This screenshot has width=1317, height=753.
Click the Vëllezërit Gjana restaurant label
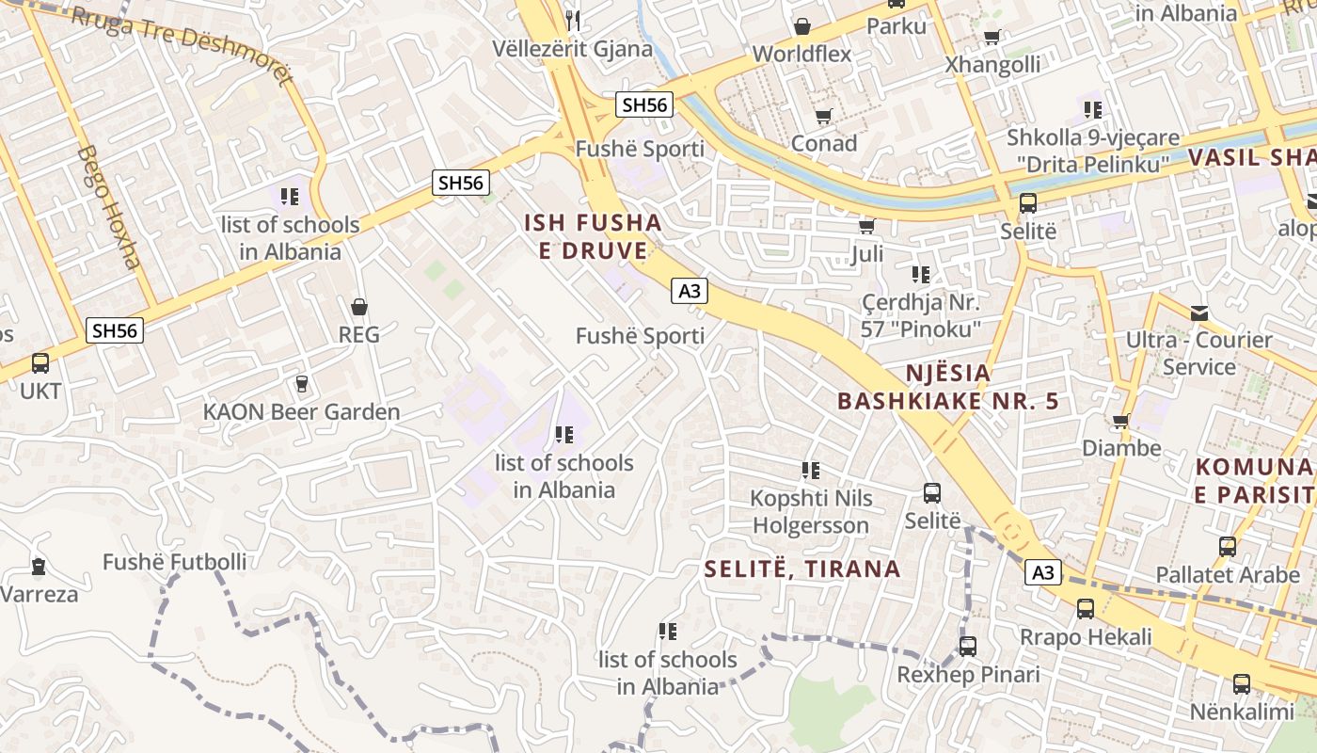pos(572,49)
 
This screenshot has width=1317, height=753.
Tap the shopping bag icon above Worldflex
pos(802,26)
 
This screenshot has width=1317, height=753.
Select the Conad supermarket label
pos(824,143)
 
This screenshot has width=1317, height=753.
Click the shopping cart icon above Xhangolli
pos(992,38)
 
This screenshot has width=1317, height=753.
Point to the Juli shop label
pos(866,254)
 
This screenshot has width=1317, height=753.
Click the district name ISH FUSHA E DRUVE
pos(593,237)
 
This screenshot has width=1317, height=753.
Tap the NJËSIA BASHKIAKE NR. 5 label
pos(948,387)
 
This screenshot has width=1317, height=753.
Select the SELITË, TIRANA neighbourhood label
pos(802,569)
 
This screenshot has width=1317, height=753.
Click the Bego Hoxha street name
pos(108,207)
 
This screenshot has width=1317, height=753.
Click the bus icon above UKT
pos(40,363)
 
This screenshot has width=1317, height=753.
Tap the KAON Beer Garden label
pos(301,411)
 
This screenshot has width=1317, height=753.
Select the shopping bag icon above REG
pos(358,307)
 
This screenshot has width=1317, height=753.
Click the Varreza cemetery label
pos(40,594)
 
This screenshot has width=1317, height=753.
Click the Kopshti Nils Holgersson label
pos(811,511)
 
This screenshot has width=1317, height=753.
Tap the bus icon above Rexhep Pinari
pos(968,647)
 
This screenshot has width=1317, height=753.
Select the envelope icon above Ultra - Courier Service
pos(1199,312)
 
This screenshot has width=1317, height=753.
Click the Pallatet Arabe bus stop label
pos(1227,574)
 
